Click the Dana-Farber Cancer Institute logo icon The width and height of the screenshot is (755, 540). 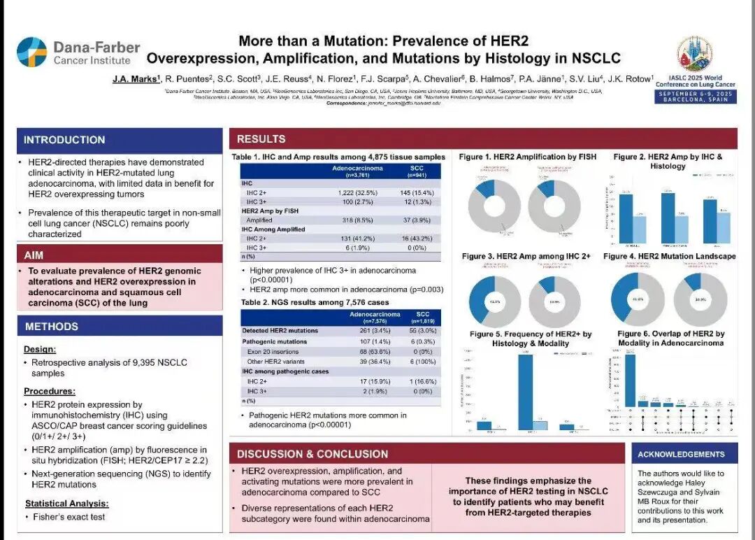[x=31, y=52]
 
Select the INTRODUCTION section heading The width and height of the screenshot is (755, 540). [x=64, y=140]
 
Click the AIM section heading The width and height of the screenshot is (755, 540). [x=34, y=255]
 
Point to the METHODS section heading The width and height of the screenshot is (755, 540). [x=51, y=327]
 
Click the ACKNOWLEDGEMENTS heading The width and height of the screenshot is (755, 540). [x=681, y=455]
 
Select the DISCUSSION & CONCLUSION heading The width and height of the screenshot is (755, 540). [x=312, y=454]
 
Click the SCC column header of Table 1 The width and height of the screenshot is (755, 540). [x=416, y=171]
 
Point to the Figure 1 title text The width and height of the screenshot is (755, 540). [x=527, y=157]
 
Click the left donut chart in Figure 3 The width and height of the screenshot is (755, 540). [x=494, y=301]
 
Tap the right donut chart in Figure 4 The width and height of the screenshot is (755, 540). [x=700, y=300]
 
